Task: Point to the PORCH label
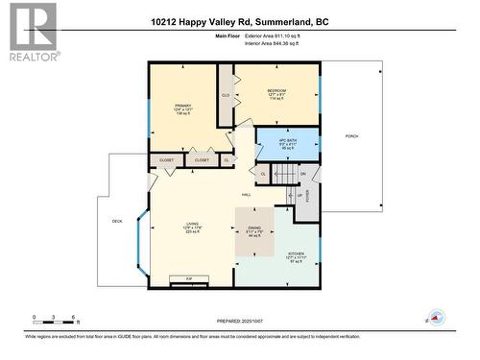click(352, 137)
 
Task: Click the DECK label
click(117, 222)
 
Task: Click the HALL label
click(247, 194)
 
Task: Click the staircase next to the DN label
click(284, 174)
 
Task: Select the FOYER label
click(309, 198)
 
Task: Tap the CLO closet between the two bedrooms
click(226, 96)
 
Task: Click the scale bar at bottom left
click(56, 319)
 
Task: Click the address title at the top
click(239, 21)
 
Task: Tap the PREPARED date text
click(239, 320)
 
